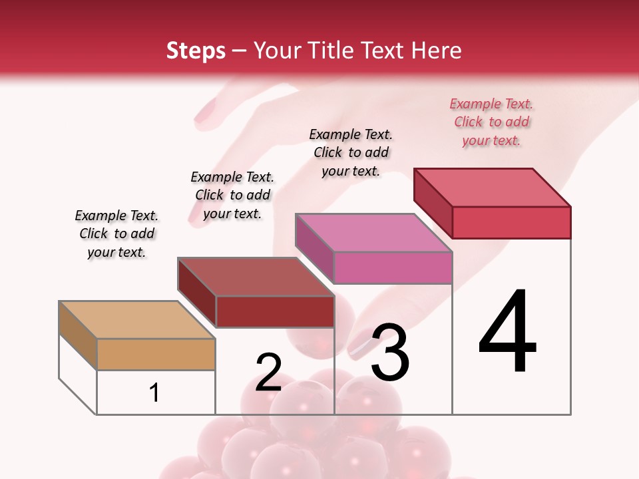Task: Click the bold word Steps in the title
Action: point(196,51)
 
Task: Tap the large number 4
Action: point(508,333)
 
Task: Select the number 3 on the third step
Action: point(390,353)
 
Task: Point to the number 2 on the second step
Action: point(268,373)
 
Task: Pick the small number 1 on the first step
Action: point(154,393)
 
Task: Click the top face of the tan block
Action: point(136,320)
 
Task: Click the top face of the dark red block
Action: point(255,277)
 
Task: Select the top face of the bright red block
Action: point(492,188)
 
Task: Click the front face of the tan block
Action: point(156,354)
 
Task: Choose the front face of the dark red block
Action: point(274,311)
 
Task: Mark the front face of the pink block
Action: point(393,267)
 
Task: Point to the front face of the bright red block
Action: point(511,222)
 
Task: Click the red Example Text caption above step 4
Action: point(491,122)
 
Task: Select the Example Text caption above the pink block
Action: point(351,152)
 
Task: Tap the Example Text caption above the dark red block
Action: point(232,195)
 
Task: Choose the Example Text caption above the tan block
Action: point(116,234)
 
